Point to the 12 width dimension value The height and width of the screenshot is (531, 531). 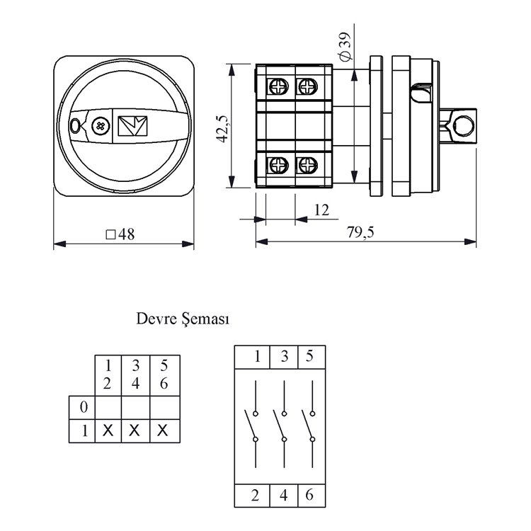tap(322, 210)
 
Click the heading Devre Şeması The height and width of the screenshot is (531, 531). tap(183, 319)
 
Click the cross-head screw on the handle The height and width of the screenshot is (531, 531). tap(101, 126)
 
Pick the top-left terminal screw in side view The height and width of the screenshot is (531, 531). tap(275, 86)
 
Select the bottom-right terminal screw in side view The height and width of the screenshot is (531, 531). tap(307, 166)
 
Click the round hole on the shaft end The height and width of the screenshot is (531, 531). tap(464, 125)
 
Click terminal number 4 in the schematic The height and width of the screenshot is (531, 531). tap(284, 496)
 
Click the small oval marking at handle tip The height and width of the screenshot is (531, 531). tap(76, 127)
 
